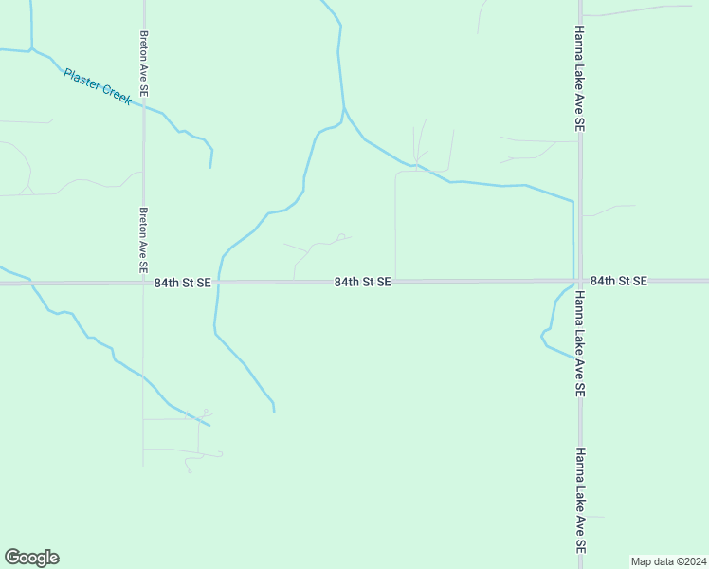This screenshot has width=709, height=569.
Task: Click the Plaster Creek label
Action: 98,86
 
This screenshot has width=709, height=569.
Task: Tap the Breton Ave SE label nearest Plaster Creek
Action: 144,64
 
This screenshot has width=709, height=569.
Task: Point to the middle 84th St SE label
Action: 363,283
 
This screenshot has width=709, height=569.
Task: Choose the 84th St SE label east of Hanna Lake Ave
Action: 618,282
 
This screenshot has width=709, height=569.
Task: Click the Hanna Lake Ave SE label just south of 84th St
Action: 579,342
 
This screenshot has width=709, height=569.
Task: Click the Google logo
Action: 31,558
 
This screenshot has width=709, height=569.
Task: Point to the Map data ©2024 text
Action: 668,560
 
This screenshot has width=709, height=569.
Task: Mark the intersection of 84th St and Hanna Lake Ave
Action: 579,281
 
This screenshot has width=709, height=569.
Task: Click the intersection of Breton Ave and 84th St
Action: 144,283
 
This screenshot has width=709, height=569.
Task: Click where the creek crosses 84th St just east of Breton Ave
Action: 218,283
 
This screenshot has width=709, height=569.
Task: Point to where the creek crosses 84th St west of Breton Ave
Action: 30,283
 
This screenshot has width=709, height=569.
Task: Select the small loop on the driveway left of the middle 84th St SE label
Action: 341,237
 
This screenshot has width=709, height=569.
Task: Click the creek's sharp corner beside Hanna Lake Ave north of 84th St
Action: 573,202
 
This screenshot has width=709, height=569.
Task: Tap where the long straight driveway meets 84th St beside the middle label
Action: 395,282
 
